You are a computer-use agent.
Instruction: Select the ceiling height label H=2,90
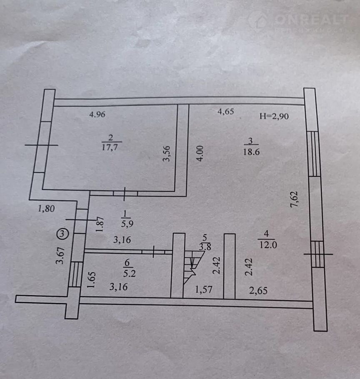click(274, 116)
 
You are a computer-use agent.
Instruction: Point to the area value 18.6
click(252, 152)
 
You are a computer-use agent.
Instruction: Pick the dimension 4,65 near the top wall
click(226, 111)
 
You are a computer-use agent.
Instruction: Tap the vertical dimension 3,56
click(167, 154)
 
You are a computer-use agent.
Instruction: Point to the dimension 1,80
click(47, 209)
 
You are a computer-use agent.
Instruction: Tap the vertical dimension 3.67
click(61, 255)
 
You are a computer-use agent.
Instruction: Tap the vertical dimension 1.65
click(92, 280)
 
